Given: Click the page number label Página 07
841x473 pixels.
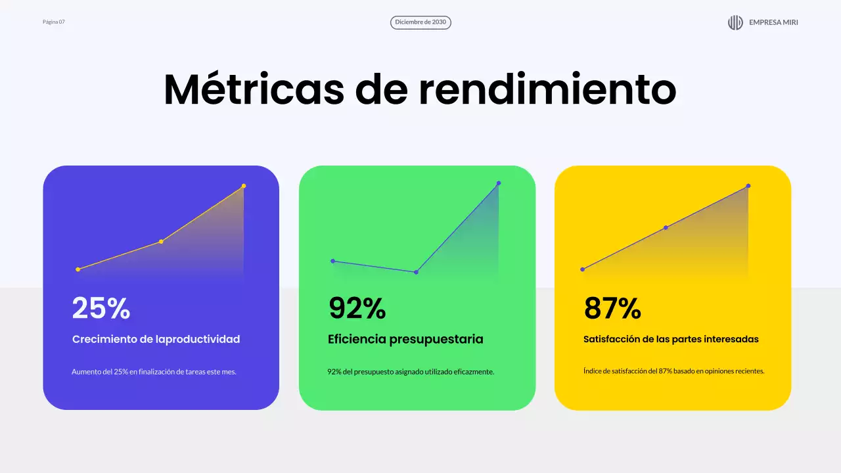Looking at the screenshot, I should tap(54, 22).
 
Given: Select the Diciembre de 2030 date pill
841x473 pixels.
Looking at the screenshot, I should tap(420, 22).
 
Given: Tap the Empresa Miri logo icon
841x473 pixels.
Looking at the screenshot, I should tap(735, 22).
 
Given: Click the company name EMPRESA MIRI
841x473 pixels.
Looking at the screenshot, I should tap(773, 22).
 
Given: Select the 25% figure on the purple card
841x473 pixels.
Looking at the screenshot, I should tap(101, 307).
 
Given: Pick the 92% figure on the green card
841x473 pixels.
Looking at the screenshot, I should tap(357, 307).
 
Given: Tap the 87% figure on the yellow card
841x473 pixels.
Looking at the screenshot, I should tap(612, 307).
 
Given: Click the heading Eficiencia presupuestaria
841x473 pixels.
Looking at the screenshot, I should tap(405, 339).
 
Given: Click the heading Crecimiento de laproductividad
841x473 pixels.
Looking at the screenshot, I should tap(156, 339).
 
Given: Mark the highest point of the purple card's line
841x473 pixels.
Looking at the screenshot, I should tap(244, 186).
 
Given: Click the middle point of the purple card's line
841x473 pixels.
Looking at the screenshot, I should tap(161, 242).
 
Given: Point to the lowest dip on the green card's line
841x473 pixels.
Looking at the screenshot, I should tap(417, 272).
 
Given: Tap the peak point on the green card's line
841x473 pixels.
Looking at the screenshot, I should tap(499, 183).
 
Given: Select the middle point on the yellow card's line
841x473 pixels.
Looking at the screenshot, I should tap(666, 228).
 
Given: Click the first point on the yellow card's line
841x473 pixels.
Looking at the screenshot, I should tap(582, 269).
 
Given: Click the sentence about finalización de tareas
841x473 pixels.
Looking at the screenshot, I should tap(154, 372).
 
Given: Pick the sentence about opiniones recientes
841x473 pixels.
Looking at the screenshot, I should tap(673, 371).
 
